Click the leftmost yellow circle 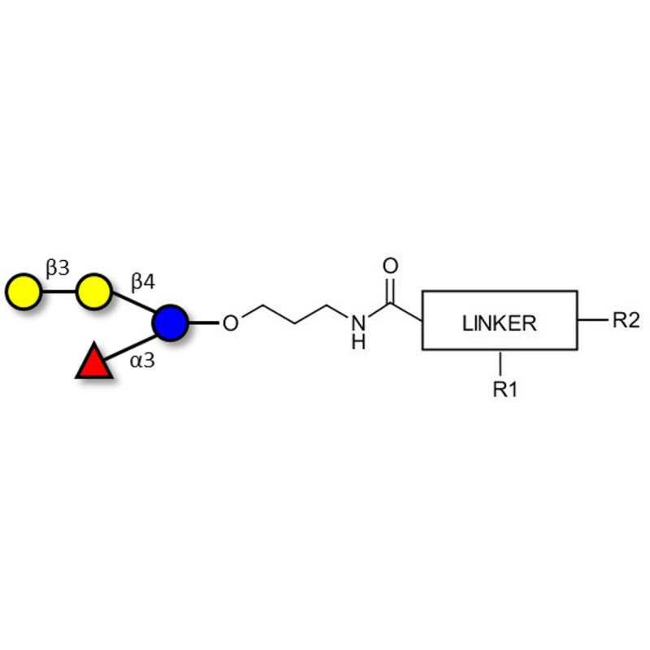click(23, 291)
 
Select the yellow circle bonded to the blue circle click(94, 291)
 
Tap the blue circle click(170, 323)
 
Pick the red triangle click(93, 362)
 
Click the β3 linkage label click(58, 267)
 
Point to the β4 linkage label click(143, 282)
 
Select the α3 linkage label click(142, 358)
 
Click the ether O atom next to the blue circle click(231, 323)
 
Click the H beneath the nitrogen click(357, 342)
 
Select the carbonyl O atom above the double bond click(391, 266)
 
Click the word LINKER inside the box click(499, 323)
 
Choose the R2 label click(626, 320)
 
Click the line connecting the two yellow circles click(58, 291)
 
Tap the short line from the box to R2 click(592, 320)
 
